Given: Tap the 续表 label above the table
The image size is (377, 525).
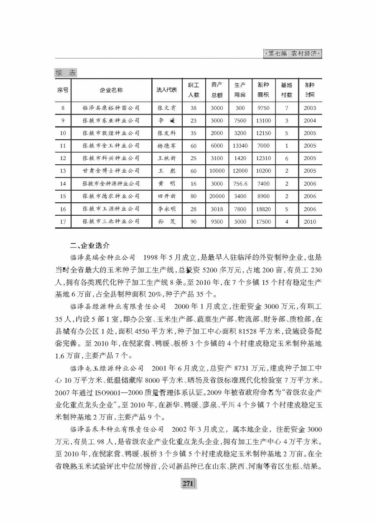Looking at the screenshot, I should pyautogui.click(x=66, y=73).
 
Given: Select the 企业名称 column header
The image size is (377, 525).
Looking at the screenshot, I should pyautogui.click(x=111, y=90).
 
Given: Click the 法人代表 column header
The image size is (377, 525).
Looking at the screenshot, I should pyautogui.click(x=166, y=90).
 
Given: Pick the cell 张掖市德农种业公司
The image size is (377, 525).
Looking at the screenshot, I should pyautogui.click(x=111, y=196).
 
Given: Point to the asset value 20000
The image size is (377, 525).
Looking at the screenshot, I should pyautogui.click(x=217, y=196).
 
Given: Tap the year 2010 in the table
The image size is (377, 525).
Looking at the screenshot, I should pyautogui.click(x=310, y=222).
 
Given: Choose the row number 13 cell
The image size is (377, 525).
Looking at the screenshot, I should pyautogui.click(x=63, y=171).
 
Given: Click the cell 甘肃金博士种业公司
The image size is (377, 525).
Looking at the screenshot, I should pyautogui.click(x=111, y=171).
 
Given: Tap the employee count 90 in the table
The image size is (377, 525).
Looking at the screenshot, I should pyautogui.click(x=194, y=222).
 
